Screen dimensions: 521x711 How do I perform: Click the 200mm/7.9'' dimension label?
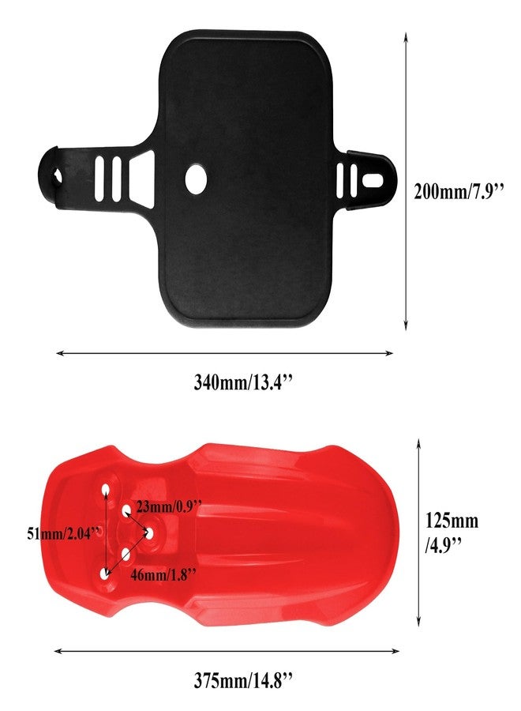click(x=459, y=191)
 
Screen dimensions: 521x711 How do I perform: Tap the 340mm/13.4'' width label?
click(x=244, y=382)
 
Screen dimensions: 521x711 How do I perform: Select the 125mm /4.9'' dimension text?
click(x=452, y=532)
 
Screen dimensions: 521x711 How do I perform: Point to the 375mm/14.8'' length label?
click(x=244, y=680)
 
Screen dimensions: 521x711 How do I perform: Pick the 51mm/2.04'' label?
click(x=63, y=533)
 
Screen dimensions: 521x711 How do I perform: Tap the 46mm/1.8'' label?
click(x=163, y=574)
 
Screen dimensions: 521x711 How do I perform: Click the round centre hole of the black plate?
click(x=196, y=179)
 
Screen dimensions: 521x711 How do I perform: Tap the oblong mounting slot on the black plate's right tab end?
click(x=373, y=180)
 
